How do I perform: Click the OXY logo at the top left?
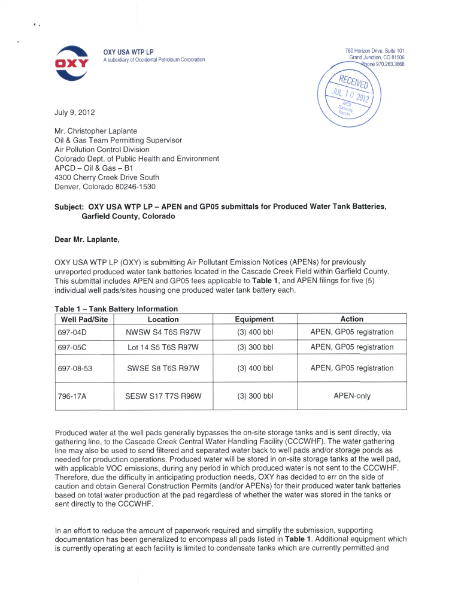pos(72,63)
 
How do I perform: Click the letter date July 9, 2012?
pos(74,113)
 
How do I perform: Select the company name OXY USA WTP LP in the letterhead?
pos(128,52)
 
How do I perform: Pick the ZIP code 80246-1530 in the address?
pos(137,186)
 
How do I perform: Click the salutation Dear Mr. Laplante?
pos(87,241)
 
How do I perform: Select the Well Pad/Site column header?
pos(84,320)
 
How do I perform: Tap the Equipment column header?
pos(254,320)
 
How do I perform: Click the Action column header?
pos(351,320)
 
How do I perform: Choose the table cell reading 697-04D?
pos(72,332)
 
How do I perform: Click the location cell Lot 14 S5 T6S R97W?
pos(163,347)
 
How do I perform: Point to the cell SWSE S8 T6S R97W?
pos(163,368)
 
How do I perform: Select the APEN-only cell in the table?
pos(351,396)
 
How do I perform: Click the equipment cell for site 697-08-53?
pos(254,368)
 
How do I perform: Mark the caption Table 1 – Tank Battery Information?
pos(116,309)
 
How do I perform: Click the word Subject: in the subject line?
pos(69,207)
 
